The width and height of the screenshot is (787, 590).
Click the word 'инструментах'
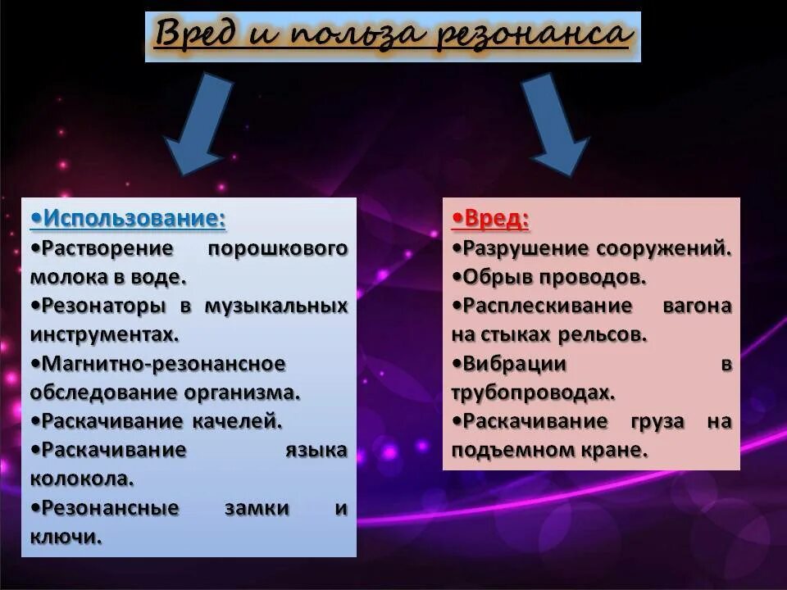102,334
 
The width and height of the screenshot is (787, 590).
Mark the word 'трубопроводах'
531,393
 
